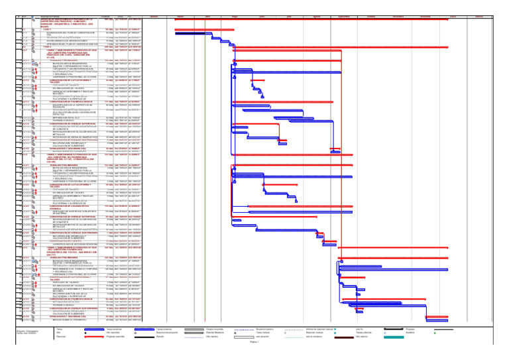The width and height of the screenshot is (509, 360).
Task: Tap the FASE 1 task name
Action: click(x=47, y=30)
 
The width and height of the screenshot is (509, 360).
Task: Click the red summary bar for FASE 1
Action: click(x=199, y=30)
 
